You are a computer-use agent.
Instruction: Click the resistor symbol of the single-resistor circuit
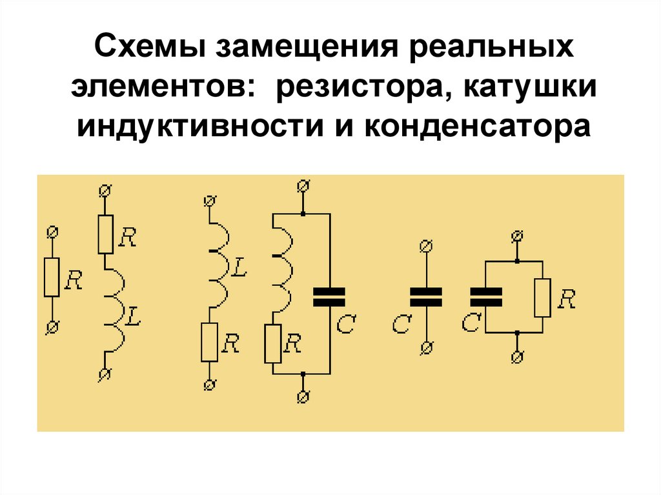[52, 277]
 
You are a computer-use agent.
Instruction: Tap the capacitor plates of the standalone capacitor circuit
[425, 296]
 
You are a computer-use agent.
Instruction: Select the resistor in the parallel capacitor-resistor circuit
[542, 297]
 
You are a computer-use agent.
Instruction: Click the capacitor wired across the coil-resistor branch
[329, 296]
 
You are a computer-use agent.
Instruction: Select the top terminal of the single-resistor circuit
[52, 232]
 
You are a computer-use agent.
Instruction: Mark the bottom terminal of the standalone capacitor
[425, 349]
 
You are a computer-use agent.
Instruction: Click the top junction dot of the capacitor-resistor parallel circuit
[516, 261]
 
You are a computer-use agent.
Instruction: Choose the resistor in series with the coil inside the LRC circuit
[272, 343]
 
